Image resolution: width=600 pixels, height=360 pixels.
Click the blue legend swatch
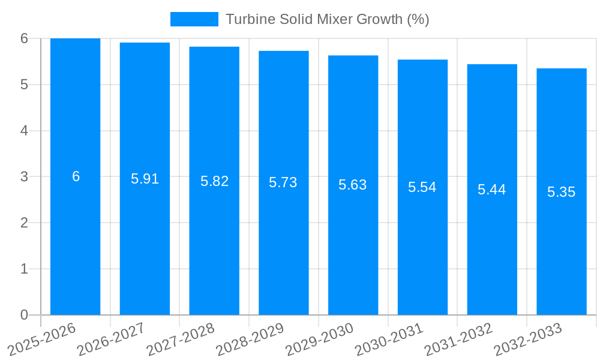coord(194,19)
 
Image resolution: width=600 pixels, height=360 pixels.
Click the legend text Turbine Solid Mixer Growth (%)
coord(327,19)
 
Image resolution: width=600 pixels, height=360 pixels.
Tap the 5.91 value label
coord(145,179)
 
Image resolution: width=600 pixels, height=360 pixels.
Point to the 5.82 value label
coord(214,181)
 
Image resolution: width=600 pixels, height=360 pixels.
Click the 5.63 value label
coord(353,185)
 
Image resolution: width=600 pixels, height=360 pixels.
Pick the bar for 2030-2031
coord(422,252)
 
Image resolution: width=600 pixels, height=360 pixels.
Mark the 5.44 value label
coord(492,190)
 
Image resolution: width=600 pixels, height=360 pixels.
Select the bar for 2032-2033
coord(562,252)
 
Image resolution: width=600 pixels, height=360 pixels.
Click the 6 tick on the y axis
coord(24,38)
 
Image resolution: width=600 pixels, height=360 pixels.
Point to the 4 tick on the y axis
coord(24,131)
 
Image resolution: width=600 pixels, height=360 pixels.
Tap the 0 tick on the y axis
coord(24,315)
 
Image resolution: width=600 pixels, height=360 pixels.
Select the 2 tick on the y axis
coord(24,223)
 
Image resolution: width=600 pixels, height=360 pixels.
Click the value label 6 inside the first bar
coord(76,176)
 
